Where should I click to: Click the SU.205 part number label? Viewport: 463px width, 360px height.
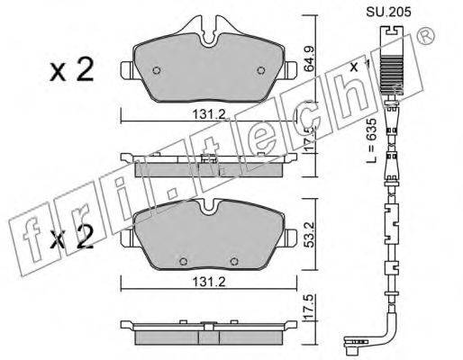click(x=388, y=13)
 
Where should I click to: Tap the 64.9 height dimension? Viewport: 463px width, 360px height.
click(x=309, y=58)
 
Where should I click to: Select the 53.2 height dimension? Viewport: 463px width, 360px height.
click(x=309, y=234)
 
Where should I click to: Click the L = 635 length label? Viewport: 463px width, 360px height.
click(x=372, y=140)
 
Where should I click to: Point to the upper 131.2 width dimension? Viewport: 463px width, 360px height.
click(x=209, y=114)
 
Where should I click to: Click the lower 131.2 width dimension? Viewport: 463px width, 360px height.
click(x=209, y=282)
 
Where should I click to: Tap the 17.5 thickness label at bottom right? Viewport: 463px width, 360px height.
click(x=310, y=307)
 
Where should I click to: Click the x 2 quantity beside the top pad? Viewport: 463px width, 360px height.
click(x=72, y=69)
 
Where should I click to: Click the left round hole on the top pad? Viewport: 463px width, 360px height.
click(x=157, y=70)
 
